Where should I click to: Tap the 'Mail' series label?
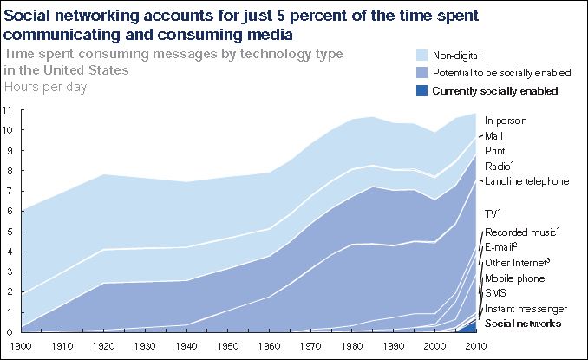click(494, 136)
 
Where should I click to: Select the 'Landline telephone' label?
click(526, 181)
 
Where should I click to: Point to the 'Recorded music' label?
click(521, 232)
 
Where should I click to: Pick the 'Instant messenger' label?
click(526, 309)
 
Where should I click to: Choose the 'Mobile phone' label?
click(514, 278)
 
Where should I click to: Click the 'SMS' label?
click(495, 294)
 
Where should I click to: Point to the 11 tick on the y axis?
click(7, 110)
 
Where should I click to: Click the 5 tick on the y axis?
click(7, 232)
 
